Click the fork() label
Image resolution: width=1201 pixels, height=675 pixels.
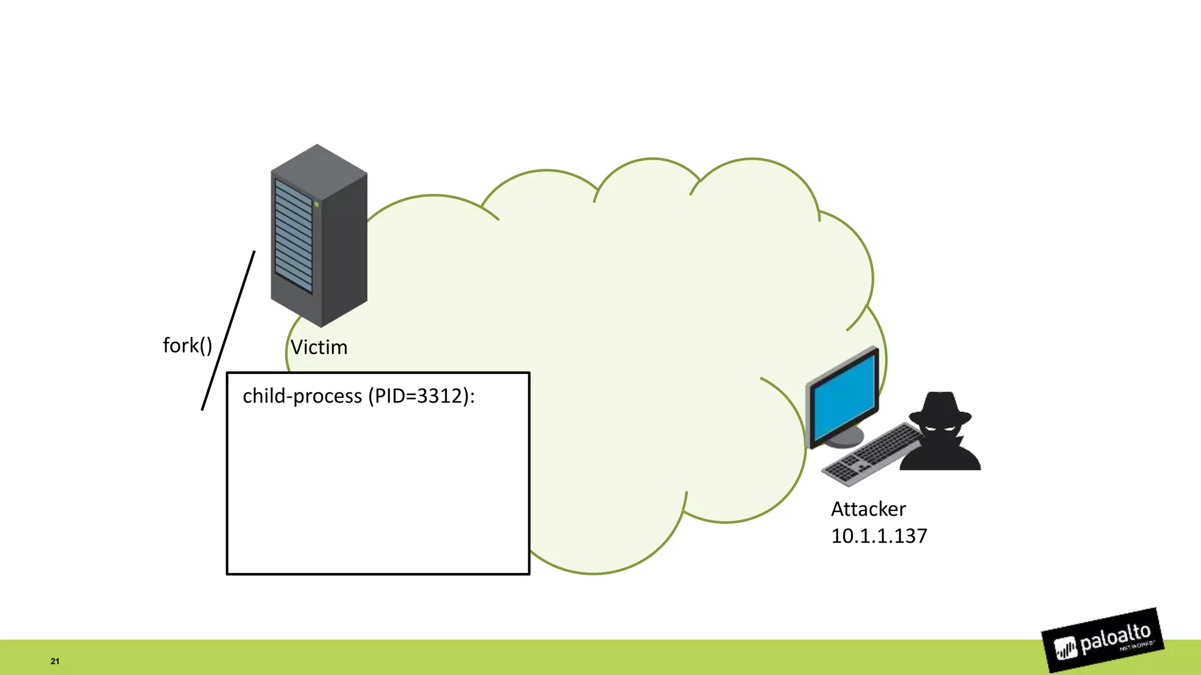[x=187, y=346]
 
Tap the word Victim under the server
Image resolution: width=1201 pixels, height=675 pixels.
[x=319, y=347]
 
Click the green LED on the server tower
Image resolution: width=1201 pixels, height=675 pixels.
[x=316, y=204]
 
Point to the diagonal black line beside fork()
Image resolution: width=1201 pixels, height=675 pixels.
[x=228, y=330]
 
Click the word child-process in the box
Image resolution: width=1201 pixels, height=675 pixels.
[x=302, y=397]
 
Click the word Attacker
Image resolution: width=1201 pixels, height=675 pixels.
[x=868, y=509]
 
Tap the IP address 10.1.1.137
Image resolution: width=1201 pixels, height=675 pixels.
[x=878, y=536]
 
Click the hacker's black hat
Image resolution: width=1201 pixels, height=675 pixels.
[x=940, y=408]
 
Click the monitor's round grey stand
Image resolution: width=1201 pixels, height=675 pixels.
[x=844, y=437]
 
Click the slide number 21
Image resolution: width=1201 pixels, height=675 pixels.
[x=55, y=661]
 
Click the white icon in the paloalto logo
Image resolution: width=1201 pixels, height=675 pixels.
[x=1066, y=648]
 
